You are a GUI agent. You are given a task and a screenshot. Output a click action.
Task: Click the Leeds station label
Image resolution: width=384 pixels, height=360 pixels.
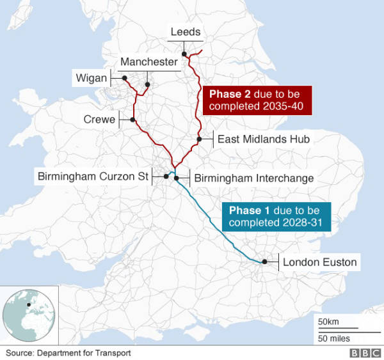(186, 32)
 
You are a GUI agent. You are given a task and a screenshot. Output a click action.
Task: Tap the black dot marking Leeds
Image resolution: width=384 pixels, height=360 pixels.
(184, 54)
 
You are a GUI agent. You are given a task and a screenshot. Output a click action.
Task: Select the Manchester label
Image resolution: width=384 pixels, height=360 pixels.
(148, 62)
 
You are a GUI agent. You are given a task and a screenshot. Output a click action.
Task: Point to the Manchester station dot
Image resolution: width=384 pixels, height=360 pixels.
(147, 84)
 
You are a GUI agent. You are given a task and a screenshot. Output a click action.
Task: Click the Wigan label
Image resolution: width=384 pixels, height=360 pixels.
(92, 78)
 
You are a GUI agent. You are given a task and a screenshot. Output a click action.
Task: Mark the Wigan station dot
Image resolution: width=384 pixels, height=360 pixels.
(124, 78)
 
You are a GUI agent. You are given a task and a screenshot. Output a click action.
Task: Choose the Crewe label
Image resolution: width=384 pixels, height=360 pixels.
(99, 120)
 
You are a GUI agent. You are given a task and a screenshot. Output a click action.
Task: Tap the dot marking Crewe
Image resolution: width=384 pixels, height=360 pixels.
(132, 120)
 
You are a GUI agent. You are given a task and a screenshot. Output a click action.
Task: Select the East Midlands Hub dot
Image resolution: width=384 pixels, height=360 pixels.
(199, 139)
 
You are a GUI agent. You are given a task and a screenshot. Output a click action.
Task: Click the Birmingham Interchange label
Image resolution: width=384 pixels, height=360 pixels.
(253, 178)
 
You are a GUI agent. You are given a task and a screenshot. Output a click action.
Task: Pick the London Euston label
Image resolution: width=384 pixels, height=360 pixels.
(319, 262)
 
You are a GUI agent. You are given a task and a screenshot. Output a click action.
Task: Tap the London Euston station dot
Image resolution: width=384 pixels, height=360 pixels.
(264, 262)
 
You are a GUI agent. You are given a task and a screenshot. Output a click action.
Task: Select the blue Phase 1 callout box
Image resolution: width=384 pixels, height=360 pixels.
(276, 216)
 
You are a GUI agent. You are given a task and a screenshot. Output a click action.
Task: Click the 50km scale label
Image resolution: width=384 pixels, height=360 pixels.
(329, 321)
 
